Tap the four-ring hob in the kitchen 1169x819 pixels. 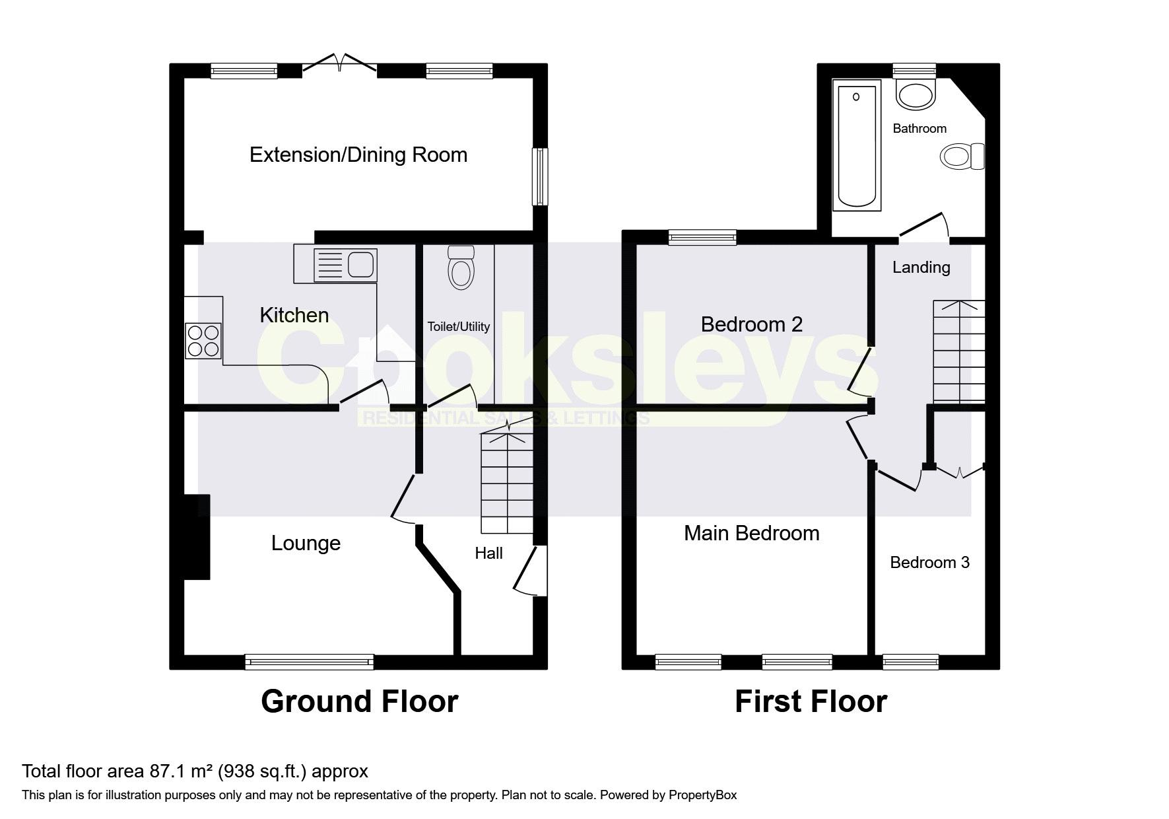click(x=203, y=341)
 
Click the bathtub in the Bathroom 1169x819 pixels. click(x=857, y=145)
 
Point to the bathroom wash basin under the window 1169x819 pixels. click(x=916, y=94)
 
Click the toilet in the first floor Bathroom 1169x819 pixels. click(x=961, y=157)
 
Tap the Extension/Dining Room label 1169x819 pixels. click(x=358, y=155)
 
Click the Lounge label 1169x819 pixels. click(x=306, y=543)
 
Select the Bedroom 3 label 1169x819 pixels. click(x=929, y=562)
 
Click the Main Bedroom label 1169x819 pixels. click(x=751, y=533)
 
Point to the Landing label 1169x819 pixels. click(x=921, y=267)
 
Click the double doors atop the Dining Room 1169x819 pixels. click(x=340, y=63)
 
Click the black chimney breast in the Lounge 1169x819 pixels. click(x=196, y=537)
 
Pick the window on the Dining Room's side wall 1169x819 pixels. click(x=540, y=176)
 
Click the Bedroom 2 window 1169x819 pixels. click(x=702, y=237)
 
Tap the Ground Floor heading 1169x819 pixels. click(x=359, y=701)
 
